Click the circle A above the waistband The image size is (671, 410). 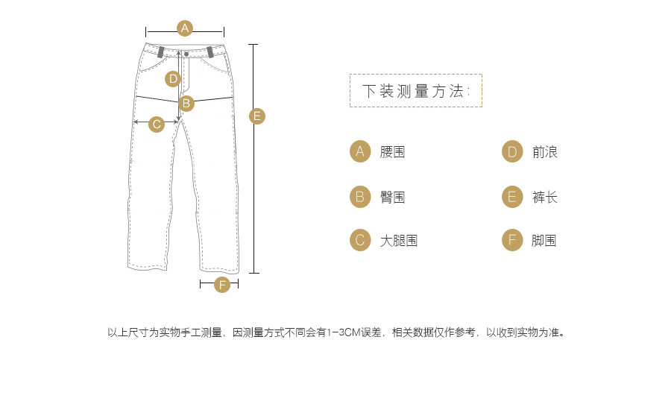(185, 28)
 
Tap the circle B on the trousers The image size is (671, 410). (187, 103)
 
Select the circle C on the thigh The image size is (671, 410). (157, 124)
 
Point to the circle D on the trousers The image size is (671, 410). (173, 78)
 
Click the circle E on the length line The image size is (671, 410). (256, 116)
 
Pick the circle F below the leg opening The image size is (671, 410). (222, 285)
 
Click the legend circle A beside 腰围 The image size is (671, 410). (360, 152)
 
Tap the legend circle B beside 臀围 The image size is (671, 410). (360, 197)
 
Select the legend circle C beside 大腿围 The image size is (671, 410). (360, 240)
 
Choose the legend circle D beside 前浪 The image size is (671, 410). (512, 152)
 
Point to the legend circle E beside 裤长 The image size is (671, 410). (512, 197)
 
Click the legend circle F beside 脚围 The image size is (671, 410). (512, 240)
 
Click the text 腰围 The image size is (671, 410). (392, 152)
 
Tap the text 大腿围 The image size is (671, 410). (398, 241)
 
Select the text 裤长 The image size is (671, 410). (545, 198)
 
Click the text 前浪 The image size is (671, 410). (545, 152)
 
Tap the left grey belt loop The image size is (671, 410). (161, 52)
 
